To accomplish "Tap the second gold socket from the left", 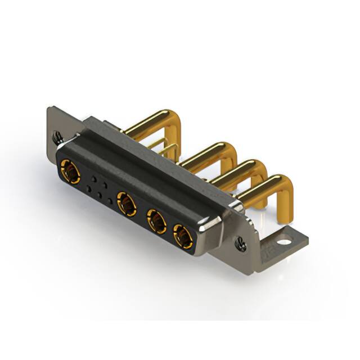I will click(127, 203).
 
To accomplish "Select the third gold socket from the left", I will click(156, 221).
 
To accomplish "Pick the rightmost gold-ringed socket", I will click(183, 236).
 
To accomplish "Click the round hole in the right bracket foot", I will click(285, 242).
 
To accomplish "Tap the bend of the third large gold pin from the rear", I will click(259, 167).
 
